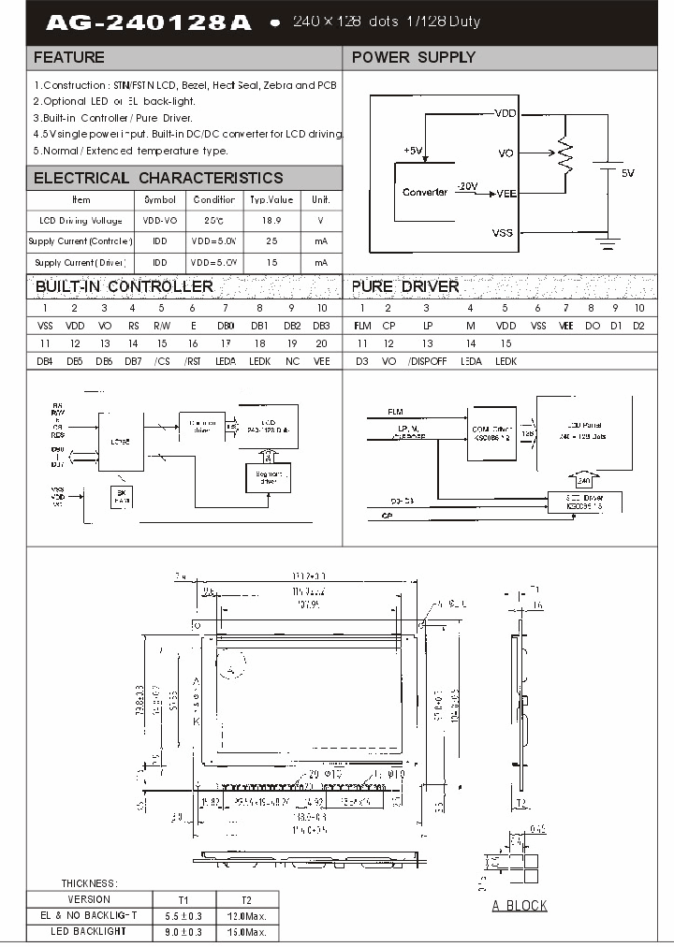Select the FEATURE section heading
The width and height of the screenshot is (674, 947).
[69, 58]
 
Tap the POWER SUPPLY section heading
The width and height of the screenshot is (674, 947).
[413, 58]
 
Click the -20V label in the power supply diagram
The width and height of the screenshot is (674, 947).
[467, 185]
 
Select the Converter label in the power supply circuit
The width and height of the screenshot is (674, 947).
[424, 192]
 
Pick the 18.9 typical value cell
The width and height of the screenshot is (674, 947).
[271, 220]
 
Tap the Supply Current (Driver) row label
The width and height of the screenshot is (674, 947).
[81, 264]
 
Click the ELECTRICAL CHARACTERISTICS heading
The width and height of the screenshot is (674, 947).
[158, 178]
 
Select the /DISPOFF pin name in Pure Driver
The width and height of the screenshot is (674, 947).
[426, 361]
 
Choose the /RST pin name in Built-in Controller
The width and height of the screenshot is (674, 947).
[192, 361]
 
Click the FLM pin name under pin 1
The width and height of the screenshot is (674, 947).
[362, 326]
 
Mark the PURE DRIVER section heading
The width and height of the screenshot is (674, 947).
[405, 286]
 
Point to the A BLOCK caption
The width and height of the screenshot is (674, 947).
[520, 905]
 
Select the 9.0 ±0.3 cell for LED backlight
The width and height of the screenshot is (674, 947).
[183, 932]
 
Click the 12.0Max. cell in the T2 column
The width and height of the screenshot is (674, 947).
[247, 916]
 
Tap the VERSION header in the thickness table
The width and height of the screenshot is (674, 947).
[89, 899]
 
